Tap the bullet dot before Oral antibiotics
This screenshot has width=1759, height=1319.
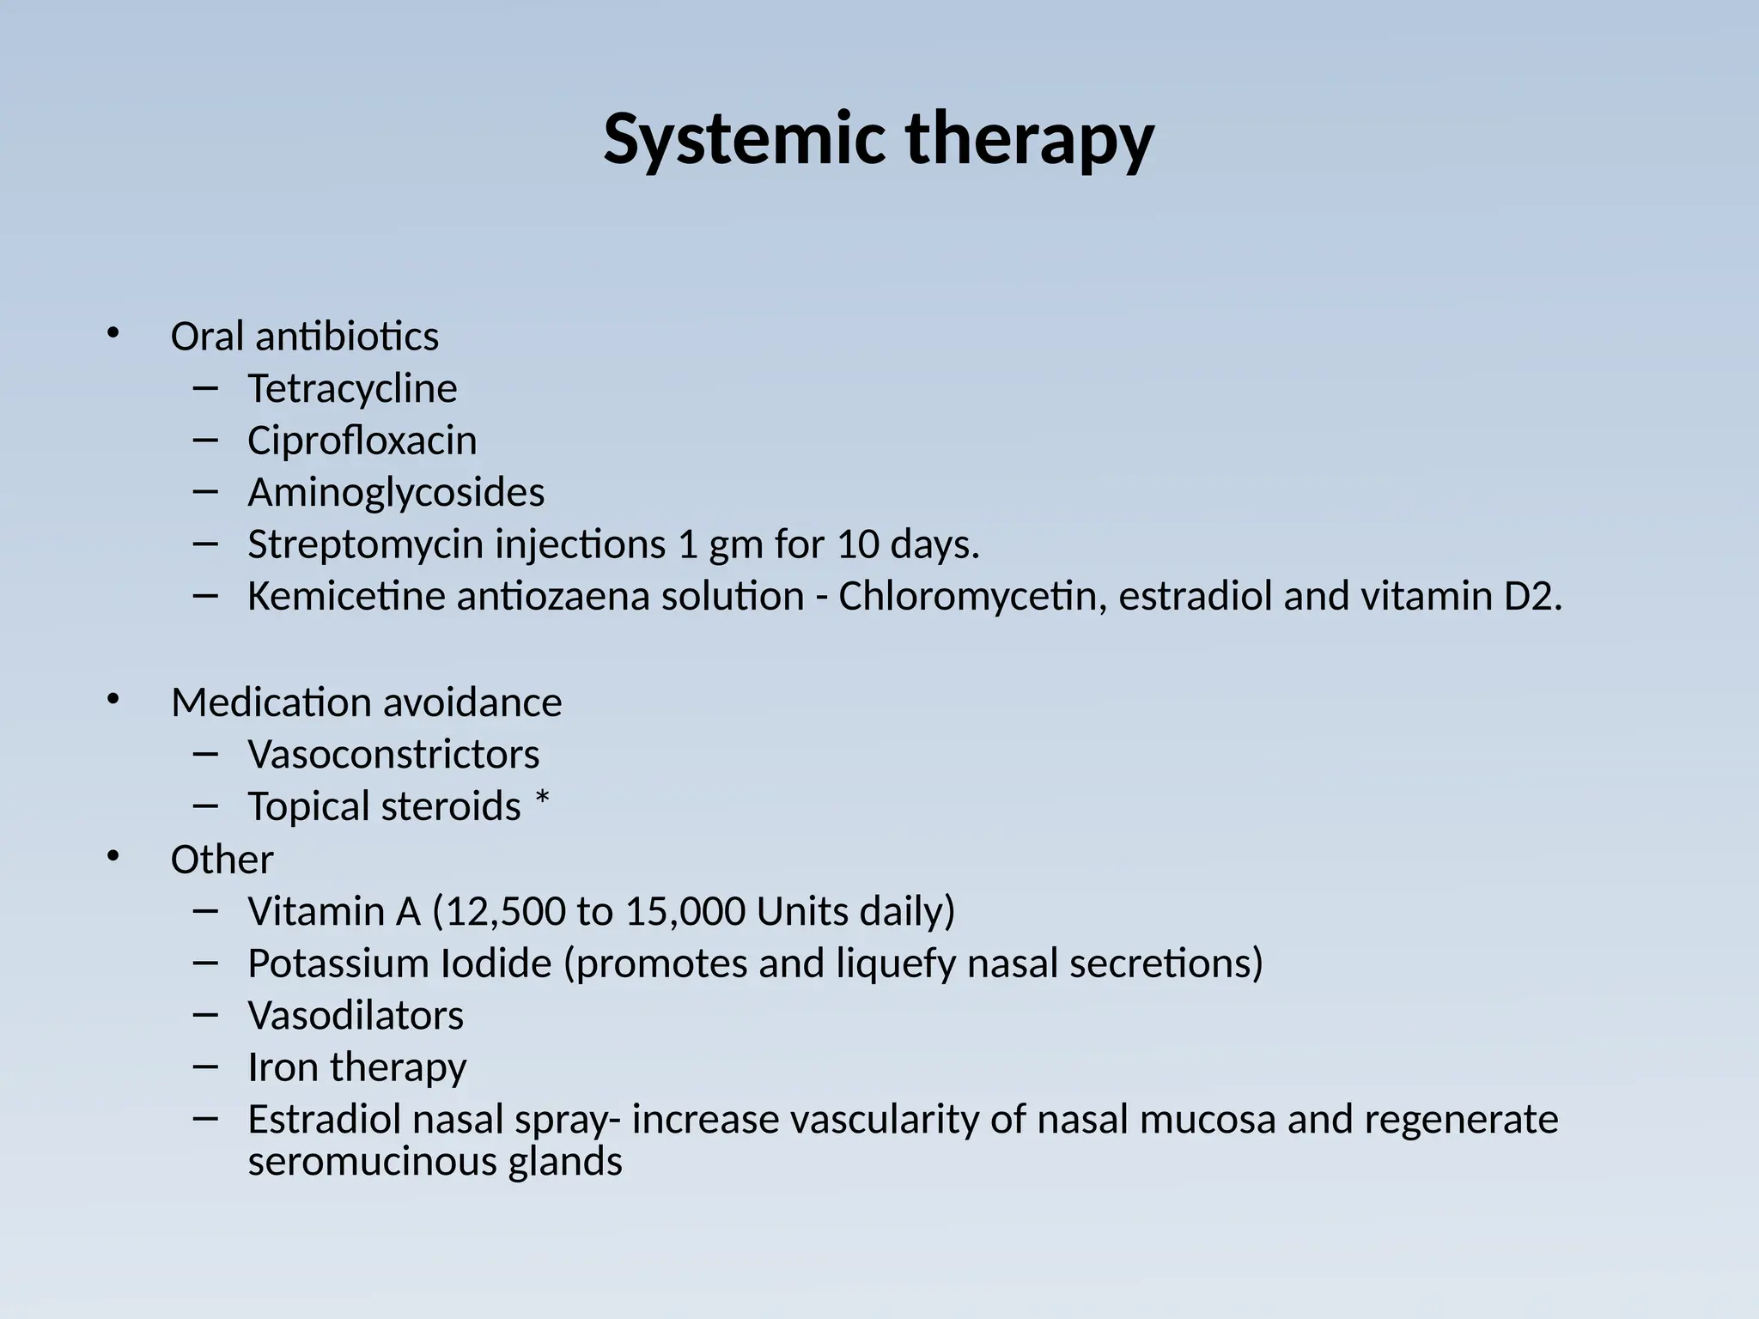113,333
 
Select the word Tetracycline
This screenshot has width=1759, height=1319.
352,389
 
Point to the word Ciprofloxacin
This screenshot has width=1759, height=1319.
362,441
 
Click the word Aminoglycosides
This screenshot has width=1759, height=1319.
396,493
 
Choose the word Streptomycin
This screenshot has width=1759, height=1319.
365,545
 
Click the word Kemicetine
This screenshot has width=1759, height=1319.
345,597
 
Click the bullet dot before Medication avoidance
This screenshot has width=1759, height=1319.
113,700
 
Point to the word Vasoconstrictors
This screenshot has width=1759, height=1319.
393,755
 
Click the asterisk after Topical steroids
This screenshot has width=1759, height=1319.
542,804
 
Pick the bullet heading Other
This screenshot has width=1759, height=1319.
222,860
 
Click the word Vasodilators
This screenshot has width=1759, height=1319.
356,1016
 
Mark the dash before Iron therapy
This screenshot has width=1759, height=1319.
206,1066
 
